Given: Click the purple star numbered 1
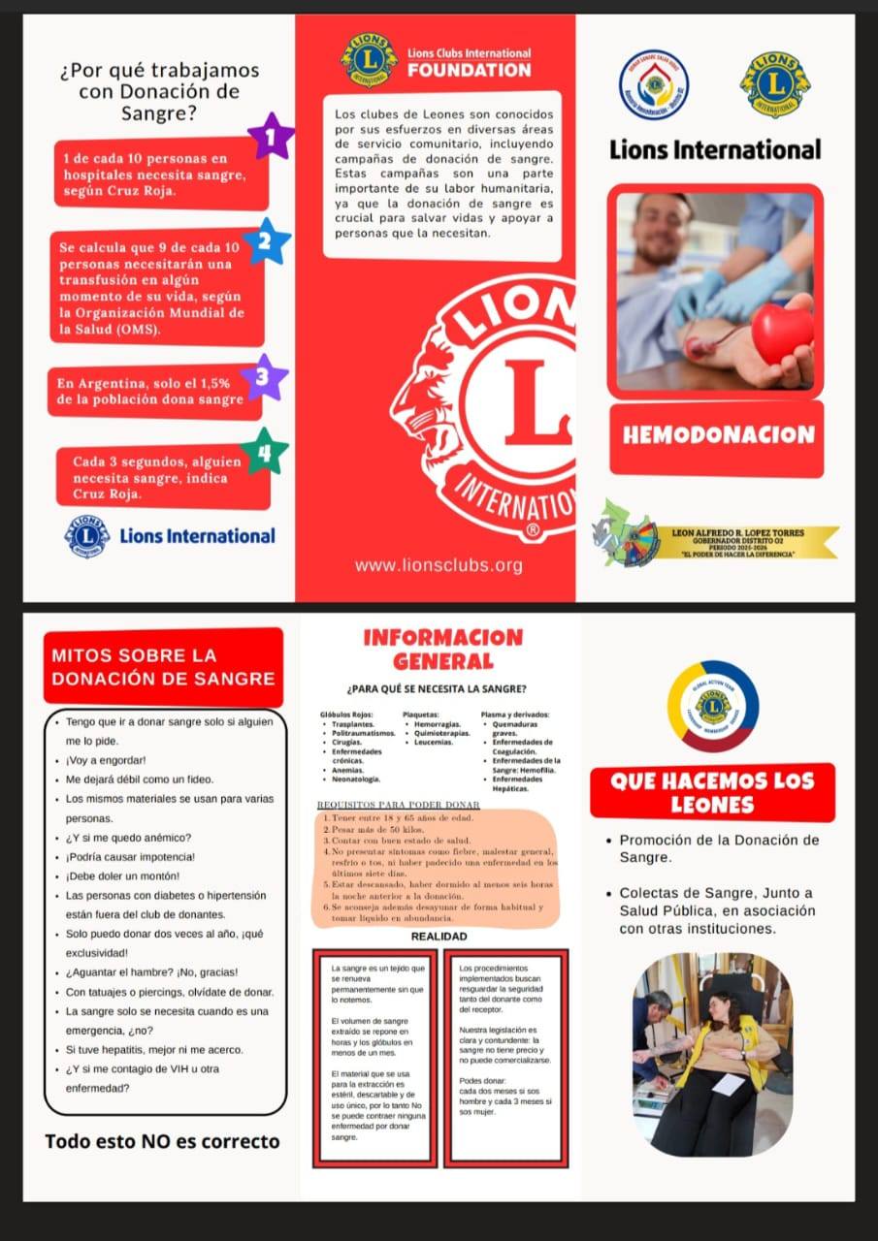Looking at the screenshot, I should [272, 137].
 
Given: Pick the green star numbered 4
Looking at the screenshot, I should [265, 452].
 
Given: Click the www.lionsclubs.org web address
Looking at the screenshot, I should [439, 565].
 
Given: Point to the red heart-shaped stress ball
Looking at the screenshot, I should [782, 334].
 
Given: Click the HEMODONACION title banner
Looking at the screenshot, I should [717, 435].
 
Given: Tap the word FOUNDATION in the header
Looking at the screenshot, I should [470, 70].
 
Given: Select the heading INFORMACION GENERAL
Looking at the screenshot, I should [442, 650].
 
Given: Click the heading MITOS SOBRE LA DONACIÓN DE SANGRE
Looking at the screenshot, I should [163, 667].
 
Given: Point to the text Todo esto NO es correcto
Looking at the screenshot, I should [162, 1141].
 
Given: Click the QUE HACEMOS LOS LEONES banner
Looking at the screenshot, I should [712, 792].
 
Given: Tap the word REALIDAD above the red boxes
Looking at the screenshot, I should [439, 937].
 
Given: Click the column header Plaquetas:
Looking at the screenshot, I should [421, 715].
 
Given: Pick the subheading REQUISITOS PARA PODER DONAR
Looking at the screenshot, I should [399, 805].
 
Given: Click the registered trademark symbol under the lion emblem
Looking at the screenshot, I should [532, 531].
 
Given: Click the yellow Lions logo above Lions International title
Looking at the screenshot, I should [775, 85].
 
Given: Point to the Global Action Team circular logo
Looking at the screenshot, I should [713, 706].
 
